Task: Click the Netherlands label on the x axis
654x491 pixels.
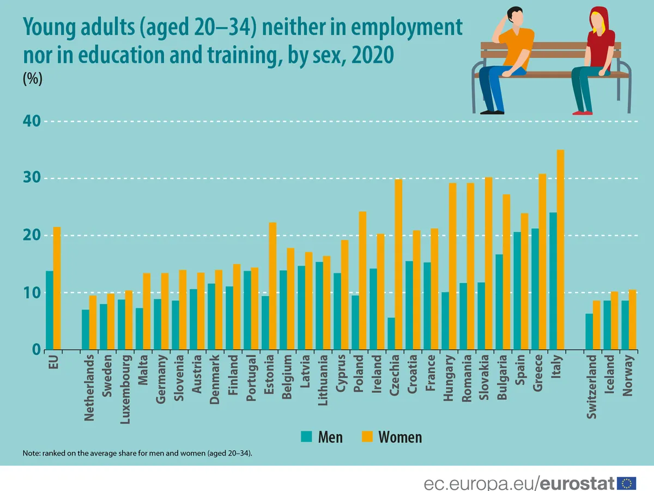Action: [89, 388]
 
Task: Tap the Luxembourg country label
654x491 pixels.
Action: [125, 390]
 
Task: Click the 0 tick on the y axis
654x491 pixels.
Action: [37, 350]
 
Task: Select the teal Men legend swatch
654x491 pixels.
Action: [306, 436]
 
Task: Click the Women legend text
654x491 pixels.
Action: [400, 436]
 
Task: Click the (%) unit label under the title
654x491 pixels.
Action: [32, 79]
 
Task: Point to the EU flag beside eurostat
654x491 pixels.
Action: [627, 483]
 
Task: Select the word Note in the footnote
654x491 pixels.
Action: [32, 453]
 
